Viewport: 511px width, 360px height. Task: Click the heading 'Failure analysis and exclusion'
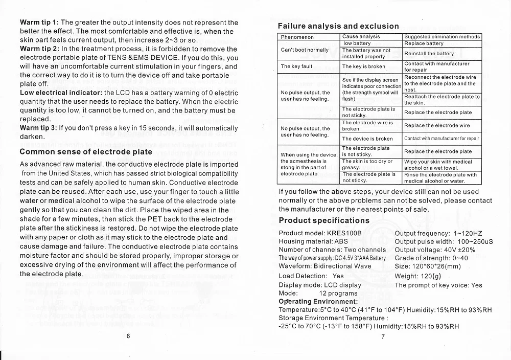point(338,26)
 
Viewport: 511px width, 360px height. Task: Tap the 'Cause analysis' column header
point(361,37)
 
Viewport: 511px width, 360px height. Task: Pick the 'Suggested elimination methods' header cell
point(442,37)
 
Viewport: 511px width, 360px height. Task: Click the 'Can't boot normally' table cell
point(305,50)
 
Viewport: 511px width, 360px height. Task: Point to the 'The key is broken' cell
point(363,66)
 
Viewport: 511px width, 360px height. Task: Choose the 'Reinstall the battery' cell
point(429,53)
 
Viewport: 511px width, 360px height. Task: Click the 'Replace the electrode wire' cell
point(437,125)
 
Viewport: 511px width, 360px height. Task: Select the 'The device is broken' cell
point(367,139)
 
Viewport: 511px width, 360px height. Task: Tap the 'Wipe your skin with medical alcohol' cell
point(438,165)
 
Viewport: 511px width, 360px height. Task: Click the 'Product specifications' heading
point(324,220)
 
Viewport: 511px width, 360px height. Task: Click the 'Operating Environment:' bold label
point(318,302)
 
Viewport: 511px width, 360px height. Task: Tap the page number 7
point(383,336)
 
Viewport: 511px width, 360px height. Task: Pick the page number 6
point(128,336)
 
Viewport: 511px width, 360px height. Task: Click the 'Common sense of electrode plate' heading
point(86,152)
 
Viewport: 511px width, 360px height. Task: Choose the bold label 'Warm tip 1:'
point(39,22)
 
